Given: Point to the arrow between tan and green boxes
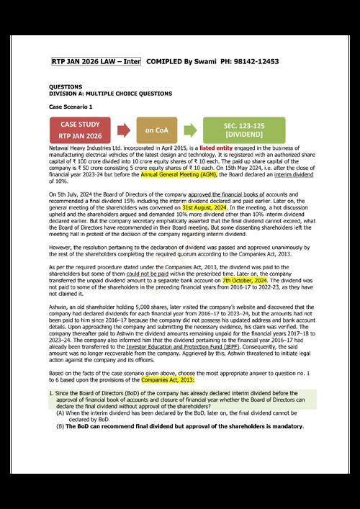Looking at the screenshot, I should [189, 130].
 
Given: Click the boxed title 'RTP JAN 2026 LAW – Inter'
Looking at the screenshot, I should [96, 62].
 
